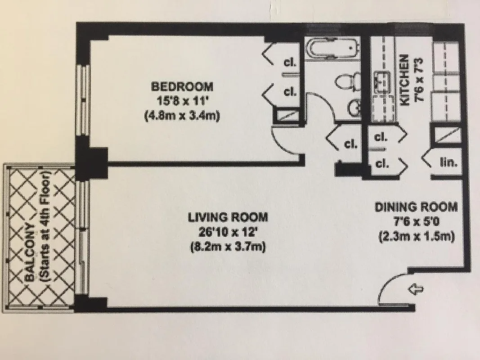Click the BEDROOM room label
(182, 86)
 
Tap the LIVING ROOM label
(228, 217)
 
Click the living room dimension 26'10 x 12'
(228, 233)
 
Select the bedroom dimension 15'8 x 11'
(182, 101)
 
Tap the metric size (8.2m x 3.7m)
(228, 247)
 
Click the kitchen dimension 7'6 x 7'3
(420, 80)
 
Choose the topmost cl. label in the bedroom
(290, 63)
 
